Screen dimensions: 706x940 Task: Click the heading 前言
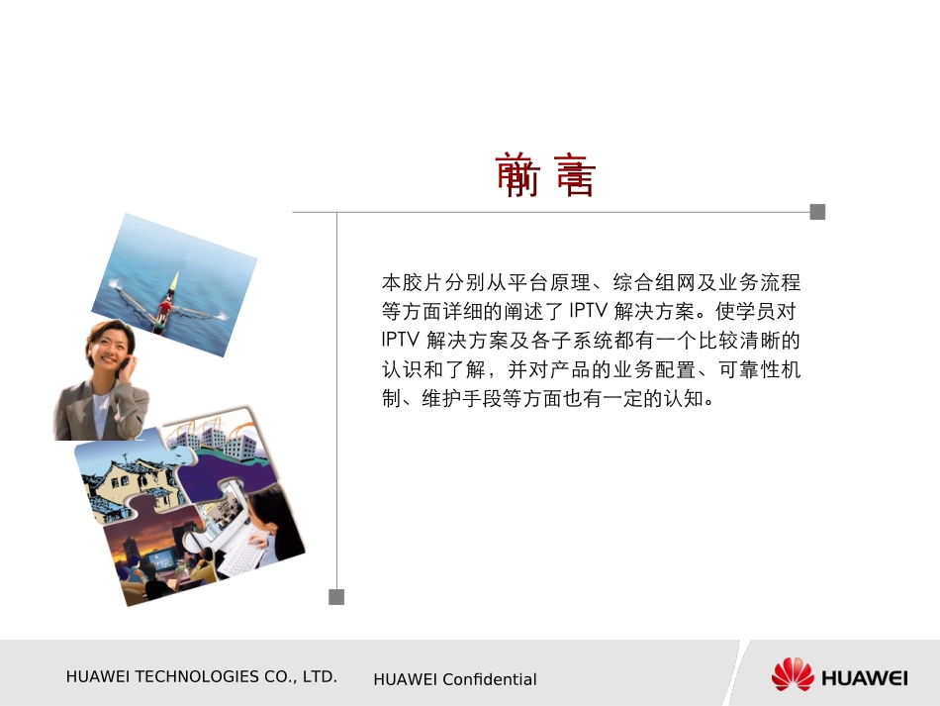545,175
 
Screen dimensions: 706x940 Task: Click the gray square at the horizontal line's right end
817,211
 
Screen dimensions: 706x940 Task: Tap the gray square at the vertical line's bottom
336,596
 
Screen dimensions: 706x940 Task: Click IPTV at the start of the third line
400,340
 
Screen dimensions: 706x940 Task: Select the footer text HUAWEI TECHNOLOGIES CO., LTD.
201,677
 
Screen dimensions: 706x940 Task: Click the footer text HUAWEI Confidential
455,679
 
